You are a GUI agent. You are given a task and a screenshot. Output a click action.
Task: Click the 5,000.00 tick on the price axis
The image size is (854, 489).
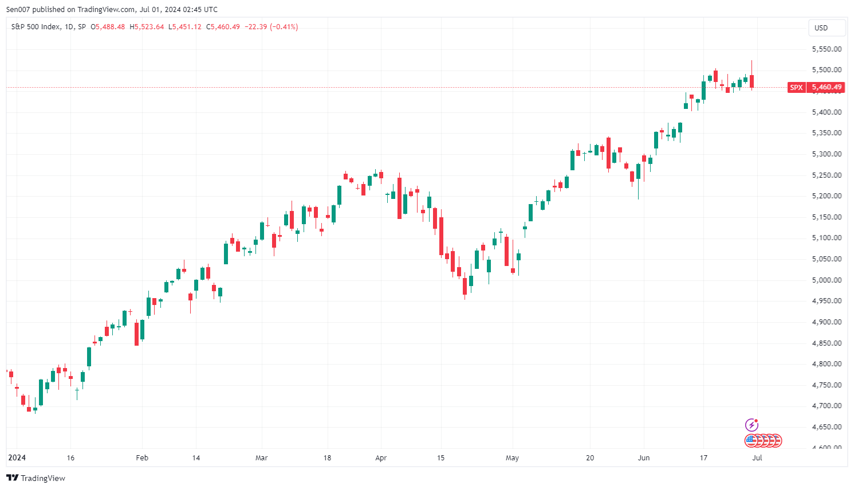[827, 280]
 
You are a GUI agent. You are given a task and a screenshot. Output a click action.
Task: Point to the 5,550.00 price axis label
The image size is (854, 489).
[827, 49]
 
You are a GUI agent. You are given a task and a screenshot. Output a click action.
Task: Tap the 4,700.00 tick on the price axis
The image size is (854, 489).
[827, 406]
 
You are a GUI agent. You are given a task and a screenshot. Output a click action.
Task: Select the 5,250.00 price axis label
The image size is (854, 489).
[827, 175]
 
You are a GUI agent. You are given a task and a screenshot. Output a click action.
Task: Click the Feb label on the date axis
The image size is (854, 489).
[142, 458]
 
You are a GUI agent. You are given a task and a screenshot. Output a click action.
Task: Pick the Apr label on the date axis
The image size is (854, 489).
[381, 458]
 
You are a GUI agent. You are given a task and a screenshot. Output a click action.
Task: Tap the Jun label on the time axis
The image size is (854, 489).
[644, 458]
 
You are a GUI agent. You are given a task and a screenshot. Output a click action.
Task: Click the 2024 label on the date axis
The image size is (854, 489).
[17, 458]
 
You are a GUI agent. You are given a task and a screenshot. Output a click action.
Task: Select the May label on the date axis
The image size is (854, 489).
[512, 458]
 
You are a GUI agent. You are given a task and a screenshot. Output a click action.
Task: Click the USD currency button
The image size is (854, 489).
[821, 28]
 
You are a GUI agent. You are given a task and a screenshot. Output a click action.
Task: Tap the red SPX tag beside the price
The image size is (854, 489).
[796, 88]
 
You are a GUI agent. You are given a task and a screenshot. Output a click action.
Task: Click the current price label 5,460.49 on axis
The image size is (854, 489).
[827, 88]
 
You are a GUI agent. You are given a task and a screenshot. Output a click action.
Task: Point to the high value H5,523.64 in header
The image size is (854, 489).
[147, 27]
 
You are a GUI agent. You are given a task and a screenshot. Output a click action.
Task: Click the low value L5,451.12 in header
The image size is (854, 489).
[185, 27]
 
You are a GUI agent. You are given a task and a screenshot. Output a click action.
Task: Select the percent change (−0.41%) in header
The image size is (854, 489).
[284, 27]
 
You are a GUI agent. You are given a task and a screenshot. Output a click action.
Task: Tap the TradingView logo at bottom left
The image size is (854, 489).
[36, 478]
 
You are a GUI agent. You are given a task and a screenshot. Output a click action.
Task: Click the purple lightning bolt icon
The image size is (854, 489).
[751, 425]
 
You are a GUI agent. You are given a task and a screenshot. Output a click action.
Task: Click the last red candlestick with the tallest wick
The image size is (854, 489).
[751, 81]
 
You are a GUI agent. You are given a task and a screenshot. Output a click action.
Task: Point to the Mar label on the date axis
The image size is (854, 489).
[261, 458]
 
